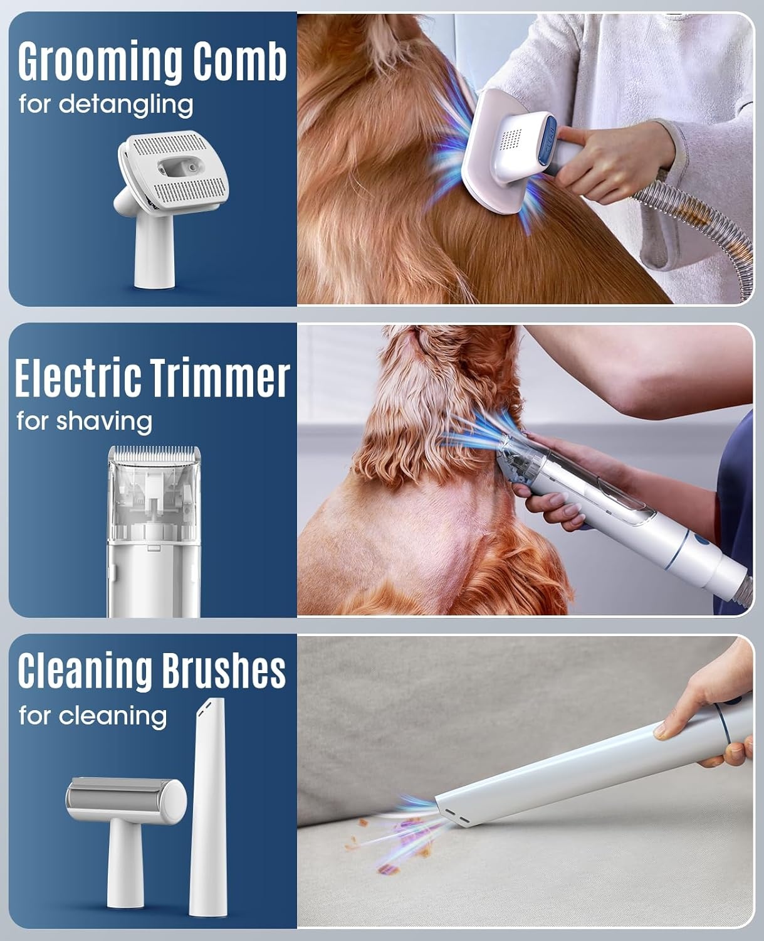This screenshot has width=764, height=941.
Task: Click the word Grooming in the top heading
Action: tap(100, 62)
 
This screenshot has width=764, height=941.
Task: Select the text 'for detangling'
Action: tap(106, 105)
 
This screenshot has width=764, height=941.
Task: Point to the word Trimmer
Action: tap(219, 377)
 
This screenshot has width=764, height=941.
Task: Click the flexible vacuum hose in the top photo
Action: tap(702, 230)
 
